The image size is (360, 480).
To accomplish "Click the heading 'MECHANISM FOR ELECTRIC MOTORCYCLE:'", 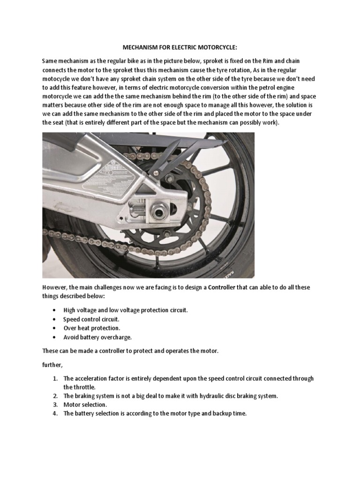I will [x=180, y=47].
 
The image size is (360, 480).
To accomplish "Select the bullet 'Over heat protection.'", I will [x=92, y=328].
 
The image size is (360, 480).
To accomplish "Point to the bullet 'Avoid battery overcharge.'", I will [x=97, y=337].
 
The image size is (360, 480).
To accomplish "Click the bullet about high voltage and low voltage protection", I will [x=126, y=310].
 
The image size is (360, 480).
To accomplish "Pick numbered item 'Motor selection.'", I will [x=85, y=404].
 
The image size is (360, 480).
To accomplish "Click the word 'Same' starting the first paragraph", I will [x=51, y=61].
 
